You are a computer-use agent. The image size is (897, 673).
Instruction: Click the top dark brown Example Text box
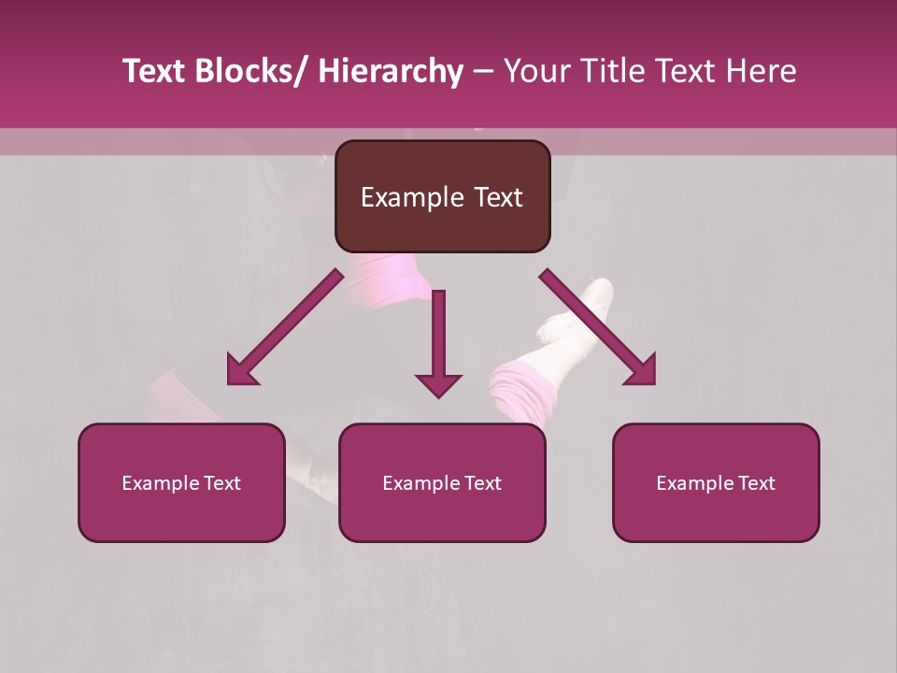[x=442, y=196]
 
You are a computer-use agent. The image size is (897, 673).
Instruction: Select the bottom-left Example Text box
[x=181, y=482]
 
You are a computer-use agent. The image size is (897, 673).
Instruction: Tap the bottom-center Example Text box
[x=442, y=482]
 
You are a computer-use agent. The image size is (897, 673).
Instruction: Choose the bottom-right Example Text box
[x=716, y=482]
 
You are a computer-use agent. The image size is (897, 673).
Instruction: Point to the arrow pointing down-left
[x=285, y=327]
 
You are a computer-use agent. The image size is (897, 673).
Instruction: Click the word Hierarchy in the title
[x=390, y=71]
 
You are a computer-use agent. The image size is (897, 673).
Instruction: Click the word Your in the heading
[x=535, y=71]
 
